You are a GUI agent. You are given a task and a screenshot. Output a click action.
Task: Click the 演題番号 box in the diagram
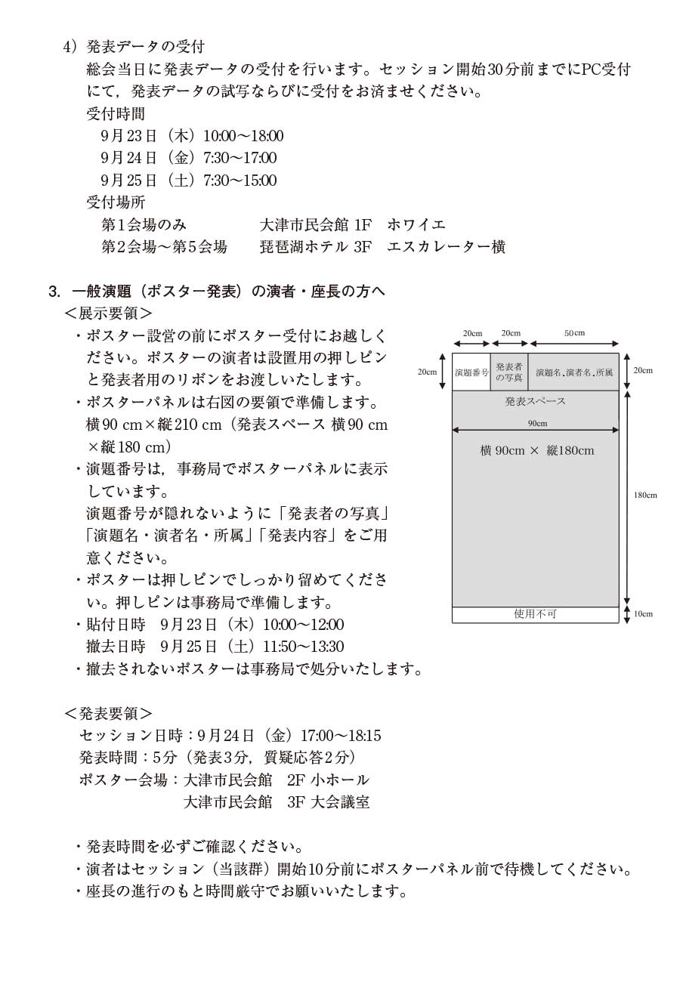pyautogui.click(x=471, y=372)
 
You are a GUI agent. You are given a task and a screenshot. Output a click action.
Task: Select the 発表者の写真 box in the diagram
pyautogui.click(x=509, y=372)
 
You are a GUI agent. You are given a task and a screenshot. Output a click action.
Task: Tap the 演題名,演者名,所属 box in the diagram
pyautogui.click(x=573, y=372)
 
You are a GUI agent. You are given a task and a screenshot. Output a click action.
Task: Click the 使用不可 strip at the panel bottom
pyautogui.click(x=535, y=614)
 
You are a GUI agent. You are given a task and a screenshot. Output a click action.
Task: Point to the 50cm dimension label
pyautogui.click(x=574, y=333)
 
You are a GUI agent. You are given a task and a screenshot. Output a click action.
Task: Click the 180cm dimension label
pyautogui.click(x=645, y=496)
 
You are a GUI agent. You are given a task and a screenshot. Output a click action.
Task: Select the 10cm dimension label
pyautogui.click(x=643, y=614)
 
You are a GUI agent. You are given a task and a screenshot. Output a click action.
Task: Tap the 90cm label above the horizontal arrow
pyautogui.click(x=537, y=423)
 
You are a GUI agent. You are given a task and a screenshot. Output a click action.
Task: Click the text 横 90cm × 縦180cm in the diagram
pyautogui.click(x=536, y=451)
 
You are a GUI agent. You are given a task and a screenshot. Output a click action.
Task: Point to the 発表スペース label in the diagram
pyautogui.click(x=535, y=401)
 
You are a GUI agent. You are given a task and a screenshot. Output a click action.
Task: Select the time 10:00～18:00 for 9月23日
pyautogui.click(x=243, y=136)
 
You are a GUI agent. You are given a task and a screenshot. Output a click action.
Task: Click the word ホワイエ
pyautogui.click(x=416, y=224)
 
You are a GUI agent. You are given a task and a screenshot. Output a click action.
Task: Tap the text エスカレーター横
pyautogui.click(x=446, y=247)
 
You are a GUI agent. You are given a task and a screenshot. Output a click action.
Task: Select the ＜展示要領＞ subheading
pyautogui.click(x=109, y=313)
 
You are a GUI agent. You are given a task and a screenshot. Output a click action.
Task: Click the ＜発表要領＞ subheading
pyautogui.click(x=109, y=713)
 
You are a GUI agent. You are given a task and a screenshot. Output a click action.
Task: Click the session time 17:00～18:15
pyautogui.click(x=341, y=735)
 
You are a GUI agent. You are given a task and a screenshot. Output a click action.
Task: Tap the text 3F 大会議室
pyautogui.click(x=329, y=802)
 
